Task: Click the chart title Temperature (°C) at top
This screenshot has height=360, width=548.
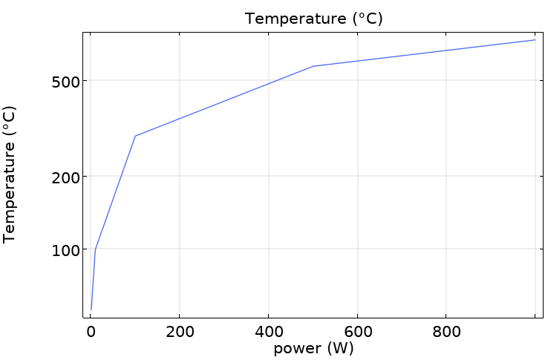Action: (x=313, y=19)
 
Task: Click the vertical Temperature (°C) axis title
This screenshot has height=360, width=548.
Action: (x=10, y=174)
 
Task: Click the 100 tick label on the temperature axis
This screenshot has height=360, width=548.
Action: (x=65, y=250)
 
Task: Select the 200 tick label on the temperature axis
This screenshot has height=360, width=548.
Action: (x=65, y=177)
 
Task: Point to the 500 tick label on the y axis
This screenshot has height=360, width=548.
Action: (x=65, y=81)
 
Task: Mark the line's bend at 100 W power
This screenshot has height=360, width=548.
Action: (x=135, y=136)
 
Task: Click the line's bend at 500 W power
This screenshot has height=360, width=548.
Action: (x=313, y=67)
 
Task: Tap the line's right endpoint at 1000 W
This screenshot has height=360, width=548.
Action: (x=535, y=40)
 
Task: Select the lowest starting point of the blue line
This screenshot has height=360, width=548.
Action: (x=91, y=309)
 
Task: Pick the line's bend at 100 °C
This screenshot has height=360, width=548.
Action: (x=95, y=249)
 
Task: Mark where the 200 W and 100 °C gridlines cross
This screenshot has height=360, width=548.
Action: (x=179, y=249)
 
